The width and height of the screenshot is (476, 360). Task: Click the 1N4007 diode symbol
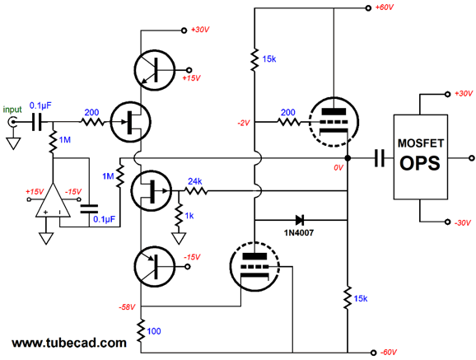(300, 220)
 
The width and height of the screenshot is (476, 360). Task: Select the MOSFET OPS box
(421, 157)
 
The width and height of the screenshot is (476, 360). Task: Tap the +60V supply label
(385, 7)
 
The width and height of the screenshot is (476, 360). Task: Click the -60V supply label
(388, 353)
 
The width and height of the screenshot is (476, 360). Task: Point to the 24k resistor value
(194, 181)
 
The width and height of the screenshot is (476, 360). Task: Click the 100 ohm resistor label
(154, 331)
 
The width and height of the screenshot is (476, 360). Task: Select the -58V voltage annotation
(127, 307)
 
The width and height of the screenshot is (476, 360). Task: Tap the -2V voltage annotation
(244, 123)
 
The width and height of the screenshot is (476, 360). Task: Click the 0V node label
(338, 168)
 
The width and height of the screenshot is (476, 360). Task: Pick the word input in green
(12, 110)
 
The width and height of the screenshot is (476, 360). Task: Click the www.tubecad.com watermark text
(69, 343)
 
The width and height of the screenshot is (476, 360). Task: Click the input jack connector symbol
(12, 122)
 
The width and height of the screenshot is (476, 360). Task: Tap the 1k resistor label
(189, 216)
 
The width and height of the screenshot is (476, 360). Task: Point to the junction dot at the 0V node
(348, 158)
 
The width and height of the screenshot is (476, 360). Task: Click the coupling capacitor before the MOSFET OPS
(379, 158)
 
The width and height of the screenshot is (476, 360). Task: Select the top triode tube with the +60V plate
(334, 122)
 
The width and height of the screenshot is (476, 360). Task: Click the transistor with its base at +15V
(155, 70)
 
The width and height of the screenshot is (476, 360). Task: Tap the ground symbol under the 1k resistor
(179, 238)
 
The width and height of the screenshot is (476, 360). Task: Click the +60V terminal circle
(368, 8)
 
